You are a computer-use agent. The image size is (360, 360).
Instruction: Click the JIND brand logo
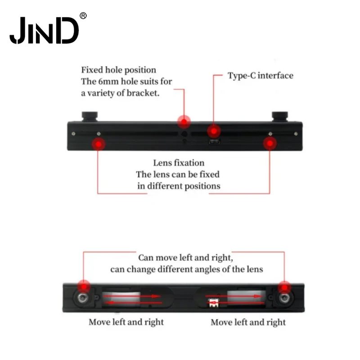(x=44, y=30)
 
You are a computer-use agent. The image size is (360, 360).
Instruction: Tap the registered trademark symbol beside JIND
(x=83, y=16)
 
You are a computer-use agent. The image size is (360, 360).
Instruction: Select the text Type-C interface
(x=261, y=76)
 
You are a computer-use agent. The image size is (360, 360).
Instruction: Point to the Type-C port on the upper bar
(x=215, y=142)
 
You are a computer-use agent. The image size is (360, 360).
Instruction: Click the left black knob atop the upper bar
(x=90, y=117)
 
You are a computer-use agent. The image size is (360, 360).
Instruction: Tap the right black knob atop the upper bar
(x=279, y=117)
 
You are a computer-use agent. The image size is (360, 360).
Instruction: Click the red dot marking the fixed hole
(x=184, y=121)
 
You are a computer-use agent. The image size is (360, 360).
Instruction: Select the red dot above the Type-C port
(x=214, y=131)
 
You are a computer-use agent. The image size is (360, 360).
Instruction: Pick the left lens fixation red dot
(x=99, y=144)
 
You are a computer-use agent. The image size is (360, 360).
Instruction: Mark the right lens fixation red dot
(x=270, y=144)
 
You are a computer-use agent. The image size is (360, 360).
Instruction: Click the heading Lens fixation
(x=179, y=163)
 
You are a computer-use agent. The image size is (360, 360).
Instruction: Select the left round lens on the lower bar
(x=82, y=298)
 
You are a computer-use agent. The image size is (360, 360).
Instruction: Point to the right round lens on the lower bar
(x=284, y=298)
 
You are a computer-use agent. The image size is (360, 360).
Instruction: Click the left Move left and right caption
(x=126, y=322)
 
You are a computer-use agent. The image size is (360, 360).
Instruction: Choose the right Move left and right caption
(x=248, y=322)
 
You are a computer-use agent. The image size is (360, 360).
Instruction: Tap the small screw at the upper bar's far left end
(x=73, y=134)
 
